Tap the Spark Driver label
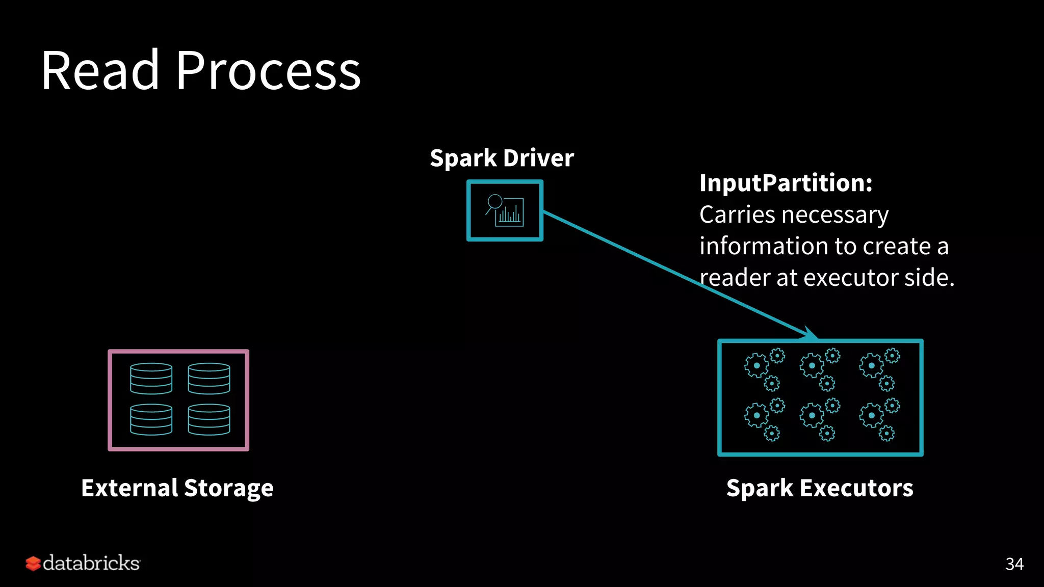(502, 158)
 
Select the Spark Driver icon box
(505, 210)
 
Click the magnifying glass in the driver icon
(494, 202)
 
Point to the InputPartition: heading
(786, 183)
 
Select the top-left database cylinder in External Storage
(151, 378)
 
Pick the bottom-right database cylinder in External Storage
(209, 419)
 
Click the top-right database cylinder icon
(209, 378)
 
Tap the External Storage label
(177, 488)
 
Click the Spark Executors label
(820, 488)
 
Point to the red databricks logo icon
(33, 563)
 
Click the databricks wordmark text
(91, 563)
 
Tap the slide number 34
(1014, 564)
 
